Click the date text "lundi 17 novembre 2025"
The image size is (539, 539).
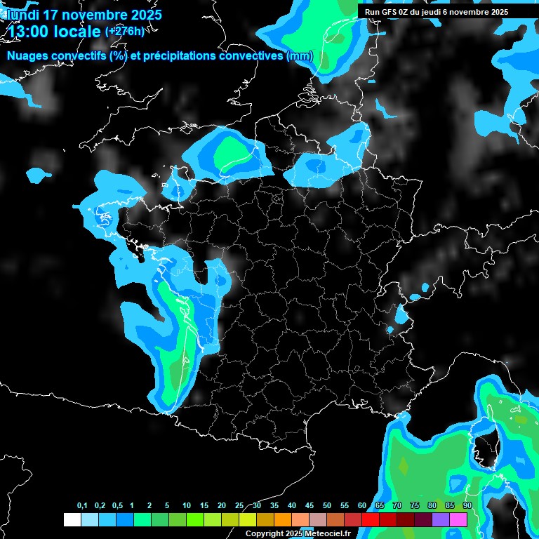tap(84, 14)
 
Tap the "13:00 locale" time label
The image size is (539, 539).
tap(55, 30)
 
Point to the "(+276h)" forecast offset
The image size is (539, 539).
tap(125, 31)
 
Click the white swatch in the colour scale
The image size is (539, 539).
tap(72, 519)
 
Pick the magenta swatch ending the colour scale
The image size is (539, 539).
tap(458, 519)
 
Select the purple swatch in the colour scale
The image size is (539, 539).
tap(441, 519)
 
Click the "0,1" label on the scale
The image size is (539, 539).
tap(81, 506)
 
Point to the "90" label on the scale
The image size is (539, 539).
tap(467, 506)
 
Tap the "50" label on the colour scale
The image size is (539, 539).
tap(326, 506)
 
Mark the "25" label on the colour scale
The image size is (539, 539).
tap(239, 506)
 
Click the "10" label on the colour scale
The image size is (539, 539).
tap(186, 506)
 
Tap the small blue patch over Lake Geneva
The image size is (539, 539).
tap(401, 315)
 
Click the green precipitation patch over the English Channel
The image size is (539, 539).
tap(231, 152)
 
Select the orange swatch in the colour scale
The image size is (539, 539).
tap(283, 519)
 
